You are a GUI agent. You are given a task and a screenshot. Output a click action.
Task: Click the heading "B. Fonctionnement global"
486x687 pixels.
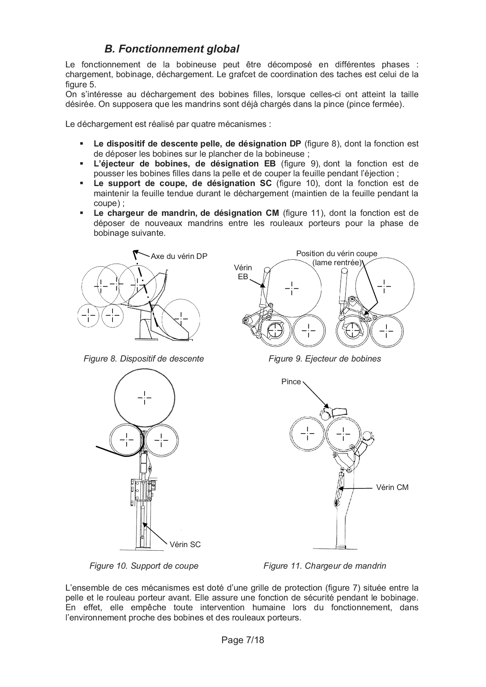[x=172, y=49]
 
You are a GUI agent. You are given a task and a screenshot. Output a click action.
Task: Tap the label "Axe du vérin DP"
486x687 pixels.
[x=179, y=257]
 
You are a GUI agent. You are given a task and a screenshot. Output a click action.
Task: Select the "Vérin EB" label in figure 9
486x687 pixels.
[x=243, y=272]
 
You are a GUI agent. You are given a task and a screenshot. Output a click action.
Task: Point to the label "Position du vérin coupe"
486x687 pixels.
[x=337, y=254]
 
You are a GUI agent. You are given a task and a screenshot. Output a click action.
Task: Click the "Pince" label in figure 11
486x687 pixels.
[x=291, y=382]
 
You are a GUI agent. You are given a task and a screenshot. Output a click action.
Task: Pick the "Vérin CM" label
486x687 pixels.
[x=392, y=488]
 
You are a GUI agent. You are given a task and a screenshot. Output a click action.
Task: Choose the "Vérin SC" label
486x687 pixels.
[x=185, y=544]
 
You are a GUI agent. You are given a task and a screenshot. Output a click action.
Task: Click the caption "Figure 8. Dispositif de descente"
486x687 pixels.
[x=144, y=359]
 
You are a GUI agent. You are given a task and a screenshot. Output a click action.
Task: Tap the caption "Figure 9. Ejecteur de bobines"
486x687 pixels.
[x=325, y=359]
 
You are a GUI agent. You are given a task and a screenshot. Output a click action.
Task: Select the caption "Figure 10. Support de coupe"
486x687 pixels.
[x=144, y=566]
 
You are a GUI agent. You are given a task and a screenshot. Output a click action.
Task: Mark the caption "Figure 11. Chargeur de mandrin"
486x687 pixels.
[x=325, y=566]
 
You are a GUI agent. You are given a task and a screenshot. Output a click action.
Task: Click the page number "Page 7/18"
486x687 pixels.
[x=243, y=640]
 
